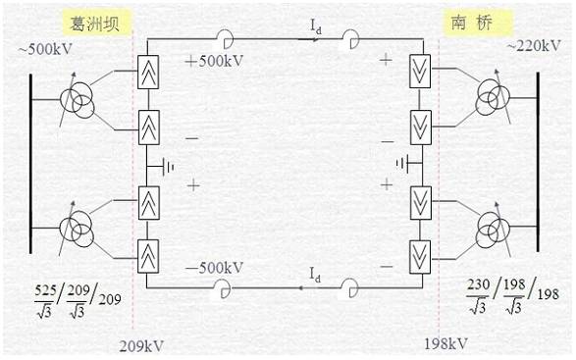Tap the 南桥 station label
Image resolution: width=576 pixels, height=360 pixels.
(471, 24)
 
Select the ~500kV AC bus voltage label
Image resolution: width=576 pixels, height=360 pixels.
(45, 49)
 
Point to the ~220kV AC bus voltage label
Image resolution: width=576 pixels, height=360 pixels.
(534, 46)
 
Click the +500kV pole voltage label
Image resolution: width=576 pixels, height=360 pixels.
(215, 61)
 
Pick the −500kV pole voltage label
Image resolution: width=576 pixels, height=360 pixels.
(215, 268)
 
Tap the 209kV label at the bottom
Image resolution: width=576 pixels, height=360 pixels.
(141, 346)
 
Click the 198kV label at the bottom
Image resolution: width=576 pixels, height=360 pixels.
(445, 344)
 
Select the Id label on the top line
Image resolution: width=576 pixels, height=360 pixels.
(316, 26)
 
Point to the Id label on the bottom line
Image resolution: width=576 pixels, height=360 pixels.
(315, 275)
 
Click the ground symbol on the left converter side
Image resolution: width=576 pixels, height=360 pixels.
(167, 167)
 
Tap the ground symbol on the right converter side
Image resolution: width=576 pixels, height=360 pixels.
(405, 163)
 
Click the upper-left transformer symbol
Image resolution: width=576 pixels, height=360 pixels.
(78, 100)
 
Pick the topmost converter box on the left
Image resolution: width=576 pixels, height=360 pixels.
(148, 72)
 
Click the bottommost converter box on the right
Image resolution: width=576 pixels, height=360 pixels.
(420, 257)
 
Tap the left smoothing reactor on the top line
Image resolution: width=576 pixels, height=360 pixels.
(224, 38)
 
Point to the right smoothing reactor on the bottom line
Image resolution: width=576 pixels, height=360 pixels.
(349, 288)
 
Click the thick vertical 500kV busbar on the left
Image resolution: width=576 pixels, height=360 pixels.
(30, 164)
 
